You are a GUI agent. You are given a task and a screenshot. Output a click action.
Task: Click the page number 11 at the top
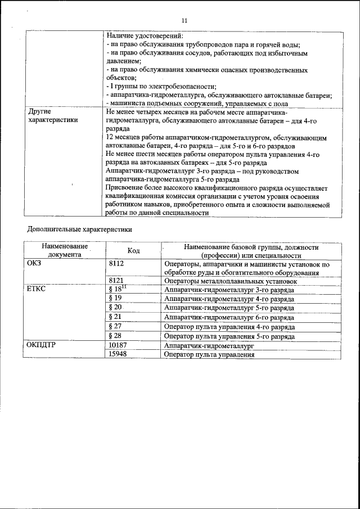pos(184,21)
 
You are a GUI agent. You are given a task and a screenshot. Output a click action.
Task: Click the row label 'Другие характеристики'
pos(53,116)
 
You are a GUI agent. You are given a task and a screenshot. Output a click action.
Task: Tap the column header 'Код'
pos(133,250)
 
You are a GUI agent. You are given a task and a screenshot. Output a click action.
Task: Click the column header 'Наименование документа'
pos(64,250)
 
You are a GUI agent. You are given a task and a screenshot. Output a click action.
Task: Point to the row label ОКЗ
pos(34,263)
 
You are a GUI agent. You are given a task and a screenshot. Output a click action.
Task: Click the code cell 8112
pos(116,263)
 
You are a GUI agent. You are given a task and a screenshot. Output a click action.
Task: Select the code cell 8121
pos(116,281)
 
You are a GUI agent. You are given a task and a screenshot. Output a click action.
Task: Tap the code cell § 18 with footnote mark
pos(118,289)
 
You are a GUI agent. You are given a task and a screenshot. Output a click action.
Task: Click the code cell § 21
pos(115,317)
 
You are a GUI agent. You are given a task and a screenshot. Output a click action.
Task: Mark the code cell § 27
pos(115,326)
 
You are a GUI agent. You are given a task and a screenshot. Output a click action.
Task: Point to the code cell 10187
pos(118,346)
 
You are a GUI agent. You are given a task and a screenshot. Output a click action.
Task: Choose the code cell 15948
pos(118,355)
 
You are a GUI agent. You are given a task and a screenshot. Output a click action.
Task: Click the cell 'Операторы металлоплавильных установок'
pos(230,281)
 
